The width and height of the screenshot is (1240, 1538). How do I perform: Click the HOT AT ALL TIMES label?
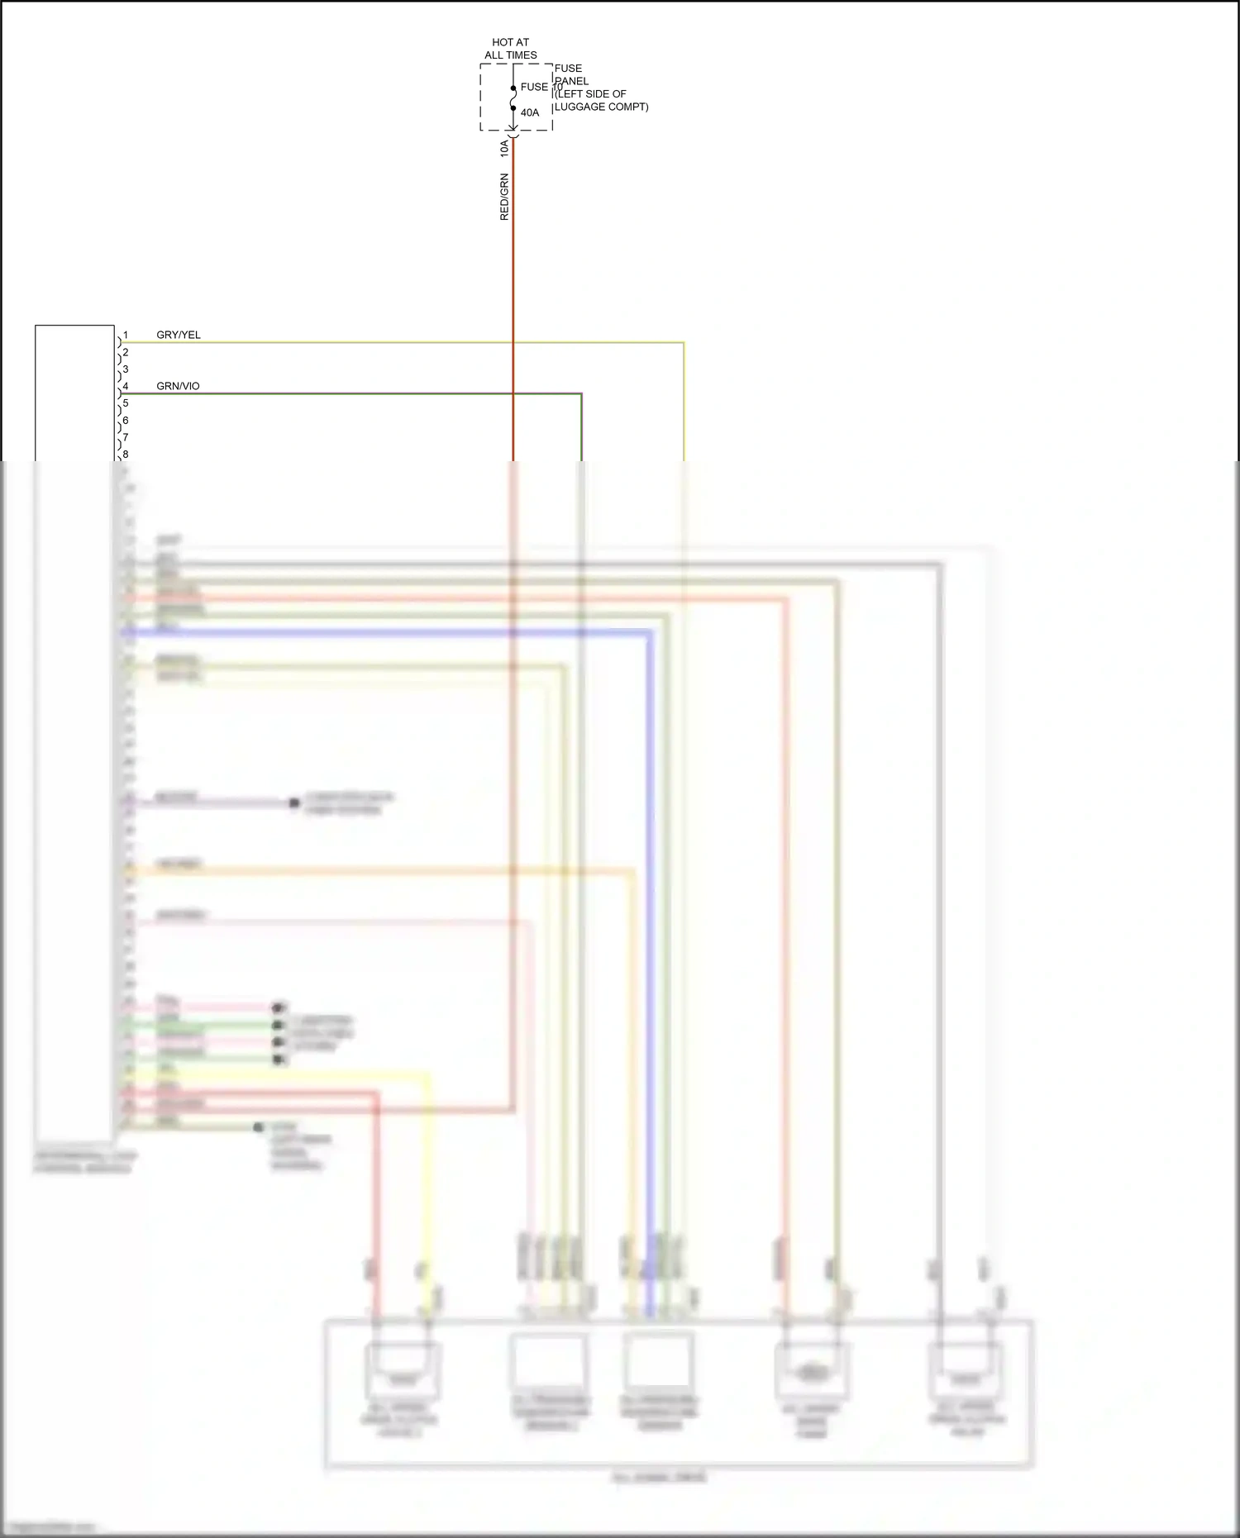point(510,49)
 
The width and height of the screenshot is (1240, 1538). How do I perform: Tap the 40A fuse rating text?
point(530,112)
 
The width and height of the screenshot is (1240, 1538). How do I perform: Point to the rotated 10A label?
point(504,149)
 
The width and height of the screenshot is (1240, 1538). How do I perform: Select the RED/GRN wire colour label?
point(504,197)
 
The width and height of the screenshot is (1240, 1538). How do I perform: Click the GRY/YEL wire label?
point(179,335)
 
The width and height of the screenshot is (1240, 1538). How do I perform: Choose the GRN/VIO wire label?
point(178,386)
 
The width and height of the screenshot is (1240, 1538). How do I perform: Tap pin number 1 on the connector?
point(126,335)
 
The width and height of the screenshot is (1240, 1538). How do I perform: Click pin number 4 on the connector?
point(126,386)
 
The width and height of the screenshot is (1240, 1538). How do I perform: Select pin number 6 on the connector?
point(126,420)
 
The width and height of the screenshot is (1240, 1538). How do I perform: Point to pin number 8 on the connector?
point(126,455)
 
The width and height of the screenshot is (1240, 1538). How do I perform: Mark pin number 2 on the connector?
point(126,352)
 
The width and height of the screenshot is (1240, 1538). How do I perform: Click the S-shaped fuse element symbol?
point(513,98)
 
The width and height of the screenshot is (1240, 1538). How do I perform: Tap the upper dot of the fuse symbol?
point(513,88)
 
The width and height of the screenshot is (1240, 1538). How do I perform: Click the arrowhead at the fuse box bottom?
point(513,129)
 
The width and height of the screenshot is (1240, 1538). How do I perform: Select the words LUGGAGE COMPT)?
point(601,107)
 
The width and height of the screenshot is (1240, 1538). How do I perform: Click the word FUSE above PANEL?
point(568,68)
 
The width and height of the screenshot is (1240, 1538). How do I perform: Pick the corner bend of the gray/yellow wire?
point(684,342)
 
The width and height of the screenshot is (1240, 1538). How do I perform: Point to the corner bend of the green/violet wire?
point(581,394)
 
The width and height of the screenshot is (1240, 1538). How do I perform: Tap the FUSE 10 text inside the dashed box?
point(541,87)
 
